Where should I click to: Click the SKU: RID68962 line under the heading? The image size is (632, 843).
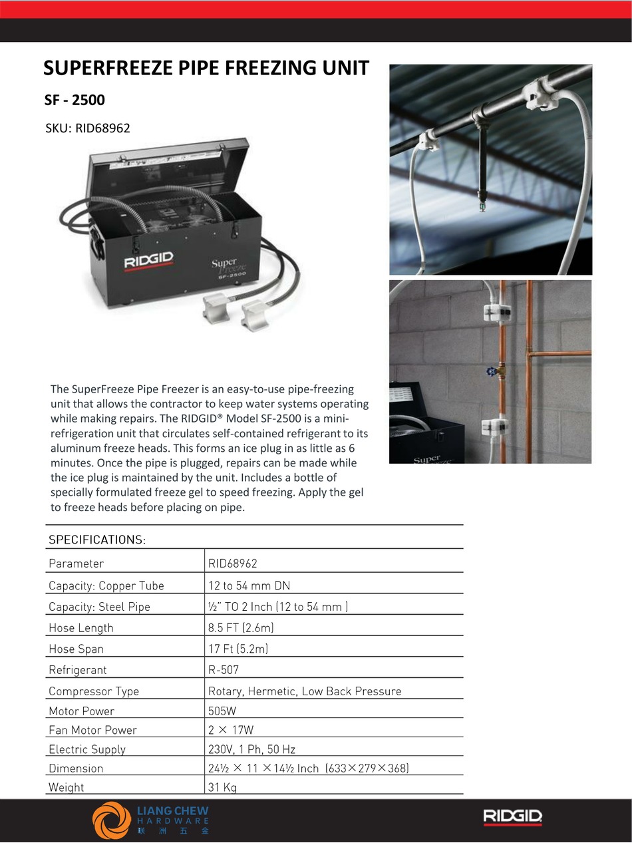pyautogui.click(x=87, y=128)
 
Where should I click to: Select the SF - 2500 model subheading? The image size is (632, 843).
pyautogui.click(x=75, y=100)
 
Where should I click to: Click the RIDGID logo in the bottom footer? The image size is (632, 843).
pyautogui.click(x=512, y=816)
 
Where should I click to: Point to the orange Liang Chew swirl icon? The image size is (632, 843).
pyautogui.click(x=112, y=820)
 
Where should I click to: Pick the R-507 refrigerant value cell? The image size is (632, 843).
pyautogui.click(x=224, y=669)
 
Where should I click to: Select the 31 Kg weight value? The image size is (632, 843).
pyautogui.click(x=222, y=787)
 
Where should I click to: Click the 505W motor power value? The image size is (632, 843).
pyautogui.click(x=222, y=711)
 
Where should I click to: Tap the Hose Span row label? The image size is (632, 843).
pyautogui.click(x=76, y=649)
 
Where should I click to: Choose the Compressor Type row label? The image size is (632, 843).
pyautogui.click(x=94, y=691)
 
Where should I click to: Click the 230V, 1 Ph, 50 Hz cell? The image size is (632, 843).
pyautogui.click(x=252, y=749)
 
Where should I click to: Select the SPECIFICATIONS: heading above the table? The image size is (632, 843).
pyautogui.click(x=97, y=540)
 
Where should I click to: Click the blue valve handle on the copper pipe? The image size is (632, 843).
pyautogui.click(x=492, y=371)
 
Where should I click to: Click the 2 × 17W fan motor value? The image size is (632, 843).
pyautogui.click(x=231, y=730)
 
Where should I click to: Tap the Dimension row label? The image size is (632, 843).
pyautogui.click(x=76, y=768)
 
